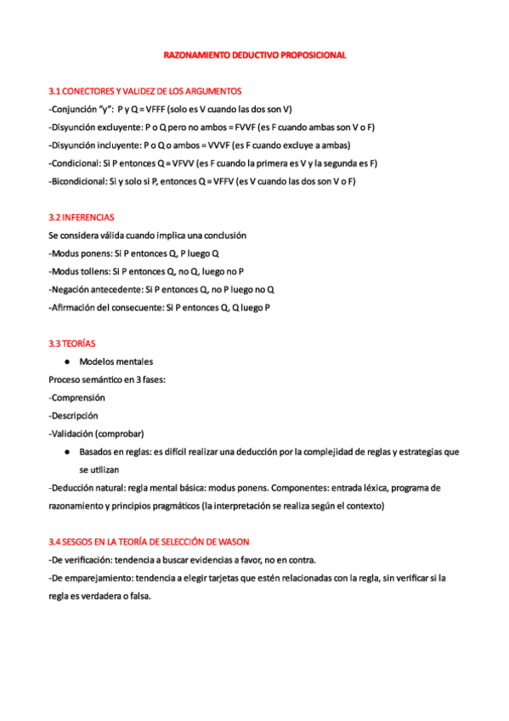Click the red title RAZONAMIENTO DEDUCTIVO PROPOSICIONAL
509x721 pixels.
coord(254,55)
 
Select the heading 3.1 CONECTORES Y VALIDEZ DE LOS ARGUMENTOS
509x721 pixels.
coord(144,91)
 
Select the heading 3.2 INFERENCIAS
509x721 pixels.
coord(82,218)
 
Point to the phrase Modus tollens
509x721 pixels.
coord(79,271)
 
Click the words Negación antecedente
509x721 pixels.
coord(95,289)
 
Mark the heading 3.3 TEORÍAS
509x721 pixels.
coord(72,343)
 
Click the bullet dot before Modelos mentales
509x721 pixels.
coord(65,361)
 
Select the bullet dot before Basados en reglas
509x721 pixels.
coord(65,451)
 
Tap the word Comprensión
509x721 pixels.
coord(78,397)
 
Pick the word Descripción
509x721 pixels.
coord(75,416)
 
